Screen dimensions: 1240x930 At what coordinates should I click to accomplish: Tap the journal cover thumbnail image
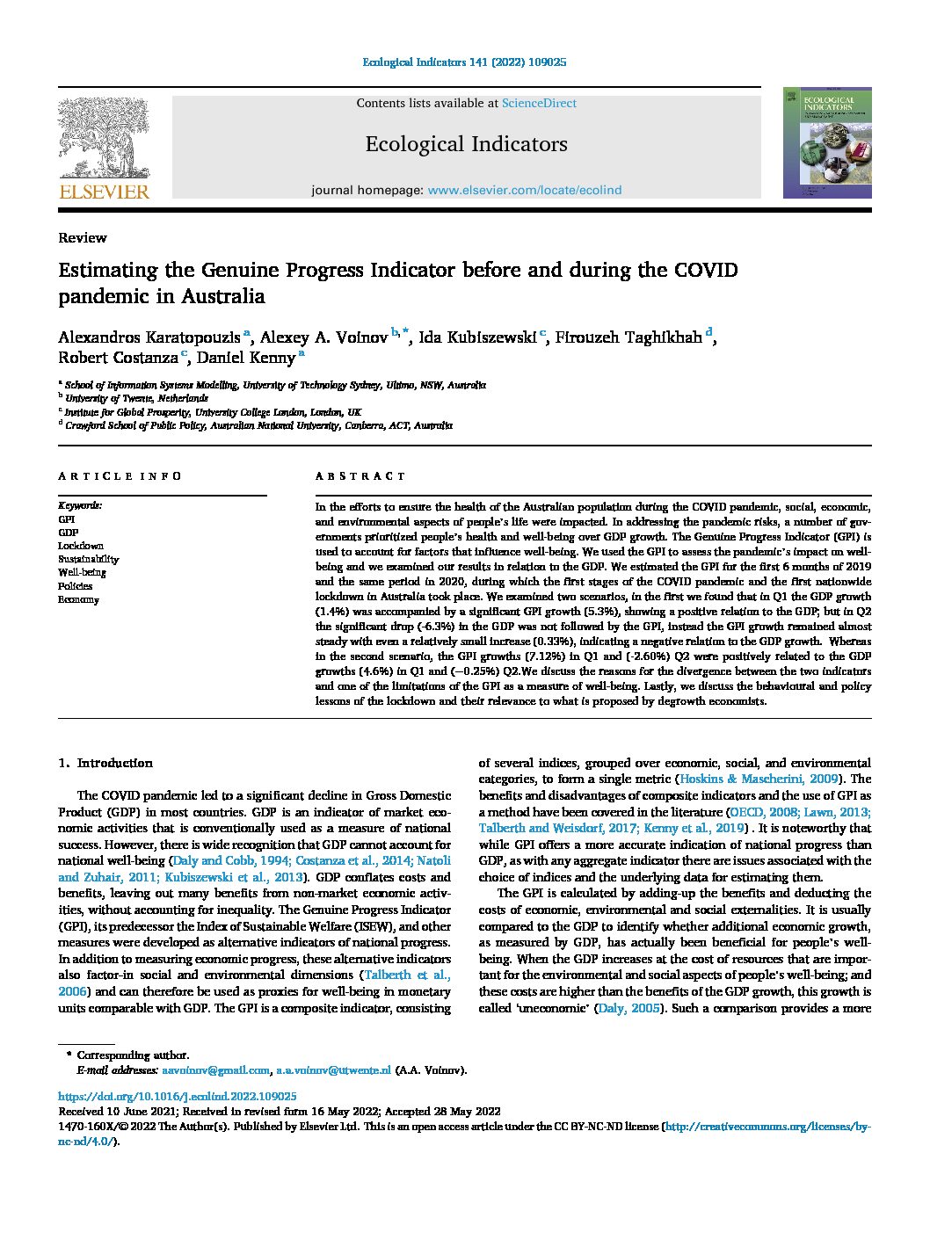(x=827, y=142)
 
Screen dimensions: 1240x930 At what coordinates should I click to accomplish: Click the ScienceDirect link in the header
(x=539, y=103)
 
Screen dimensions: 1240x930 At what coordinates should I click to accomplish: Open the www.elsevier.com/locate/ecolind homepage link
(x=524, y=190)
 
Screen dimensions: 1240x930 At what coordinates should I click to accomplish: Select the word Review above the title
(x=83, y=237)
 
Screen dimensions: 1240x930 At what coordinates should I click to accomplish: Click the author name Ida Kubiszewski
(x=477, y=337)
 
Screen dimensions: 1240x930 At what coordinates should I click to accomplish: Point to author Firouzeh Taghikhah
(x=629, y=337)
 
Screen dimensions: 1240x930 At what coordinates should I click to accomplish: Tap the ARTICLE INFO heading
(x=120, y=476)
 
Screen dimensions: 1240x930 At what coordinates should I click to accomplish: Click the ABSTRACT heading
(x=360, y=476)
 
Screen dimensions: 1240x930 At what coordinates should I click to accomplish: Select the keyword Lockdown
(x=81, y=546)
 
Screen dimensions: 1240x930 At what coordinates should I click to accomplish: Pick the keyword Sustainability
(x=89, y=559)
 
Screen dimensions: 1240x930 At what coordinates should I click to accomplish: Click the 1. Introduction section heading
(x=105, y=763)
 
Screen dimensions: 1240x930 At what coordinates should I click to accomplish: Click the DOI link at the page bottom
(x=177, y=1097)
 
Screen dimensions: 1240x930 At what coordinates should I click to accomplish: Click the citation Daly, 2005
(x=628, y=1008)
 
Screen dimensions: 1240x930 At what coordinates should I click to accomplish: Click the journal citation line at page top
(x=464, y=62)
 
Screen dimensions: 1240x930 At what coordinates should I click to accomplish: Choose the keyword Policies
(x=76, y=586)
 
